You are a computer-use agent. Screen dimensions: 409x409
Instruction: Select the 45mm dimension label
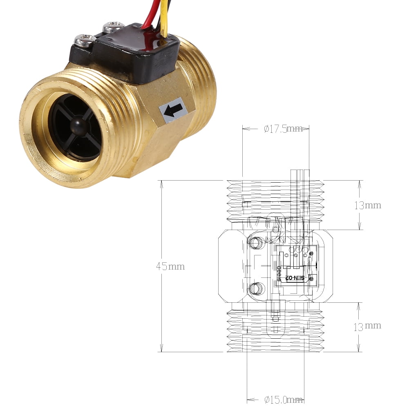pyautogui.click(x=170, y=266)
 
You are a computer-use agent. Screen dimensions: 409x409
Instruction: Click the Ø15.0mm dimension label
pyautogui.click(x=283, y=400)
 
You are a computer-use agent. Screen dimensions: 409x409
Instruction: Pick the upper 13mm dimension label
pyautogui.click(x=368, y=205)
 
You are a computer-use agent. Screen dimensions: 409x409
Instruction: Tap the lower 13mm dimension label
pyautogui.click(x=368, y=326)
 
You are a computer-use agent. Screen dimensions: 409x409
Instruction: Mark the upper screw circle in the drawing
pyautogui.click(x=256, y=243)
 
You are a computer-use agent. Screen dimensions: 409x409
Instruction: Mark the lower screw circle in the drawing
pyautogui.click(x=256, y=288)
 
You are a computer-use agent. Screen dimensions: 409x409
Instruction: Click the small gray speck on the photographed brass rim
pyautogui.click(x=28, y=141)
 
